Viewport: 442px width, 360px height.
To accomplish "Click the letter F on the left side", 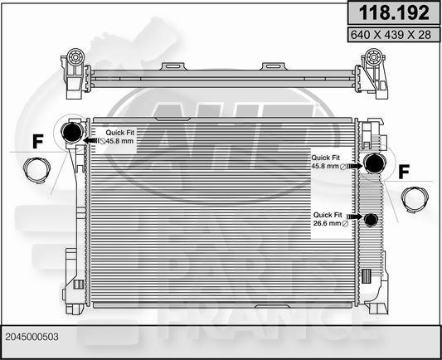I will (37, 142).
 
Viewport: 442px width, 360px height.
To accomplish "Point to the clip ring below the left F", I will (36, 172).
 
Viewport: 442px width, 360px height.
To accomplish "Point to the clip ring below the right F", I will (413, 199).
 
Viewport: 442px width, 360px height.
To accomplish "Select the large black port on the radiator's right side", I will (374, 163).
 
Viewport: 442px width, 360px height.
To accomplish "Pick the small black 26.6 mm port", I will (371, 220).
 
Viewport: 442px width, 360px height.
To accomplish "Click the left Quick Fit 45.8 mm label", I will (121, 136).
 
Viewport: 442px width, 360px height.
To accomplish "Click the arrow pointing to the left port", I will (91, 141).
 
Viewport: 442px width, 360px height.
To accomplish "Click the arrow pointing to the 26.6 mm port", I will (357, 220).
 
